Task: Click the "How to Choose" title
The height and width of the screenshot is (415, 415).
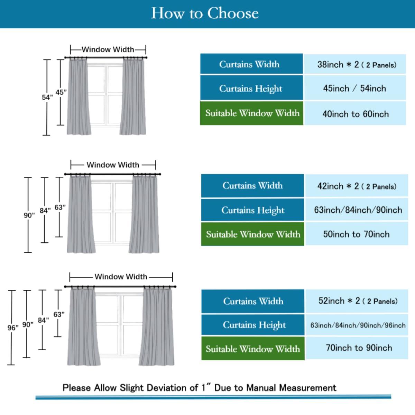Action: point(205,13)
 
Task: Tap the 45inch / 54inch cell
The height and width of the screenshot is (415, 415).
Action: point(354,89)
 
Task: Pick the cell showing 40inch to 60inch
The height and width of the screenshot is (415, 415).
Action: point(355,114)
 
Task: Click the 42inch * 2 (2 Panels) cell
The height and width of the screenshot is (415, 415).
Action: point(357,186)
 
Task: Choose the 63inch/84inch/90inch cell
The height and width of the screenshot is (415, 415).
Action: point(358,210)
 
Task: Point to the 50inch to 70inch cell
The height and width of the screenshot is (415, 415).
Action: point(356,234)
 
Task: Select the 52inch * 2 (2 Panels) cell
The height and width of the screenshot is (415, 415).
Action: point(358,301)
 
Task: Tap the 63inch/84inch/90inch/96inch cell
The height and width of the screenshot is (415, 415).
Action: point(358,325)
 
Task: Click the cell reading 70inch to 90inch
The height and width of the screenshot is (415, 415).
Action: point(359,348)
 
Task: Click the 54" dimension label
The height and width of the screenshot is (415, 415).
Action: point(47,98)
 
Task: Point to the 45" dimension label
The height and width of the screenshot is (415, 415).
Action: point(61,92)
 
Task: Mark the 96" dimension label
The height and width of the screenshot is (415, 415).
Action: point(13,328)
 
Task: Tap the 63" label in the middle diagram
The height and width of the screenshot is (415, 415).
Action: point(60,207)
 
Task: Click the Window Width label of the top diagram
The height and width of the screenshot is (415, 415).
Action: point(108,49)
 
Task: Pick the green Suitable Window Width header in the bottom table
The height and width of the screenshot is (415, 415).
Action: point(253,349)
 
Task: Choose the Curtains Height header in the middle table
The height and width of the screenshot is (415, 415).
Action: point(253,210)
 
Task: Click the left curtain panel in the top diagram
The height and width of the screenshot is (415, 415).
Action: point(79,97)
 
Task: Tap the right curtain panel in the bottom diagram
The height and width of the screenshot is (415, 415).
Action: point(157,327)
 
